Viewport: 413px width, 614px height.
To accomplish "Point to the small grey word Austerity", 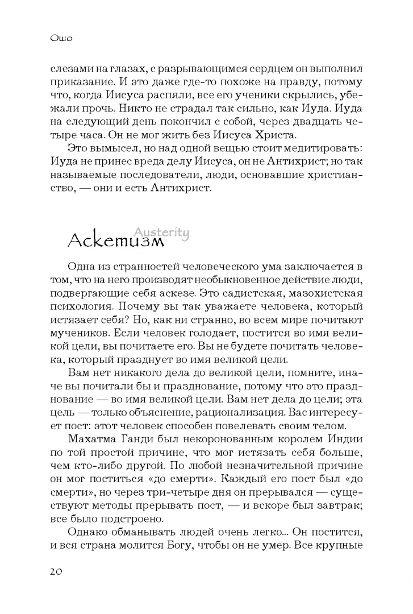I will click(161, 232).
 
